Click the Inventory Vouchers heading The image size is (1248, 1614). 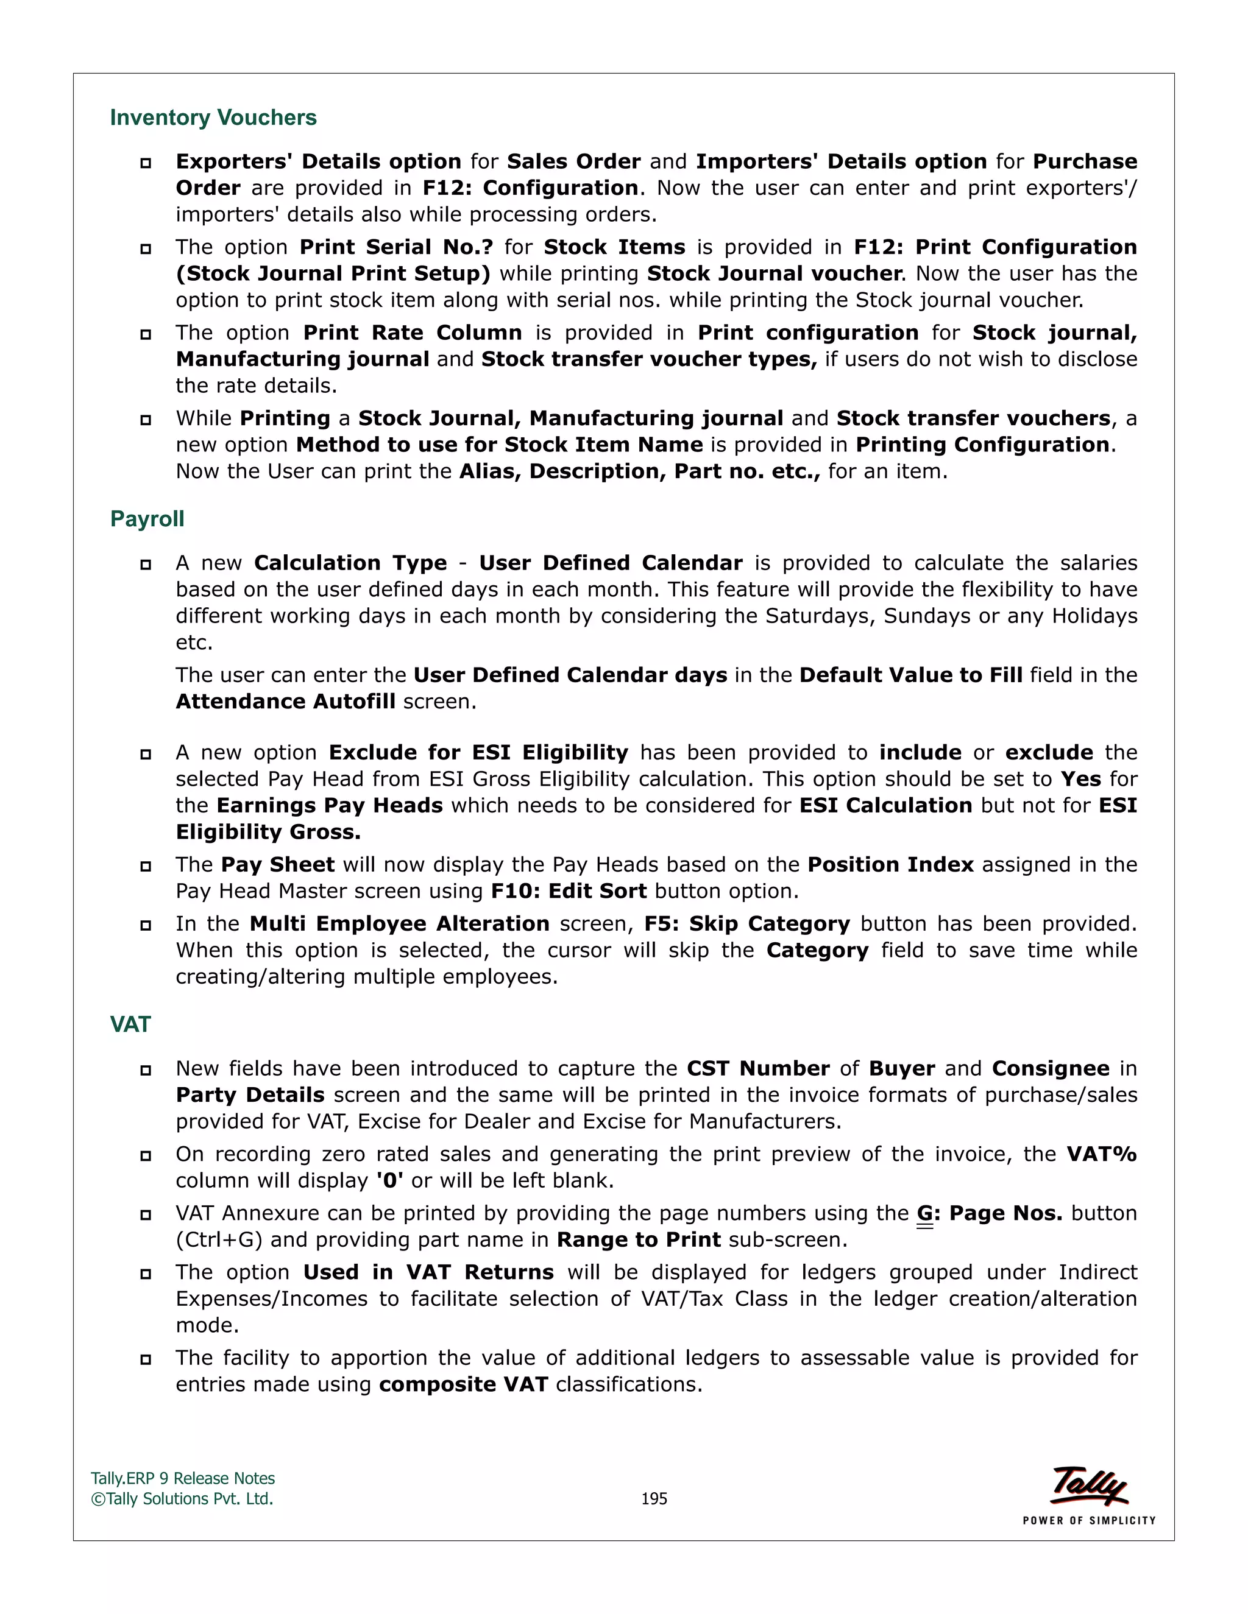(x=213, y=118)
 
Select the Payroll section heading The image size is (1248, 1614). (x=147, y=519)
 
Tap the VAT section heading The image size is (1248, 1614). (x=130, y=1024)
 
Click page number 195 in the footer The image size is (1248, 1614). (x=654, y=1499)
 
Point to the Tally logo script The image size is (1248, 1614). (x=1089, y=1485)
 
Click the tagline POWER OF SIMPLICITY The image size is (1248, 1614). (x=1088, y=1521)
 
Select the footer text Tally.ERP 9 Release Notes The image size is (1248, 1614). (x=183, y=1479)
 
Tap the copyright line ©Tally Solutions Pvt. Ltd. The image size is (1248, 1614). (x=182, y=1499)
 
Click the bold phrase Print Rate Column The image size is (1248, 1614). (x=412, y=333)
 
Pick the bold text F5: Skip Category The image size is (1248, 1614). (x=746, y=924)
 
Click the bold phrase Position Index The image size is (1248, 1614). (x=890, y=865)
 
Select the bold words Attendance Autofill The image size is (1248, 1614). (x=285, y=701)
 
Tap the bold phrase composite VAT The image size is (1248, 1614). (x=463, y=1384)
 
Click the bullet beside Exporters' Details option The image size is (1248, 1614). (x=146, y=163)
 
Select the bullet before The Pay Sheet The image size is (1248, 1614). (x=146, y=866)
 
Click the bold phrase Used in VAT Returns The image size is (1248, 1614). (x=428, y=1272)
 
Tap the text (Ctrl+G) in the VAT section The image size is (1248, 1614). (x=219, y=1239)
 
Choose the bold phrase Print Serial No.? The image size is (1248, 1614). (x=395, y=247)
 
